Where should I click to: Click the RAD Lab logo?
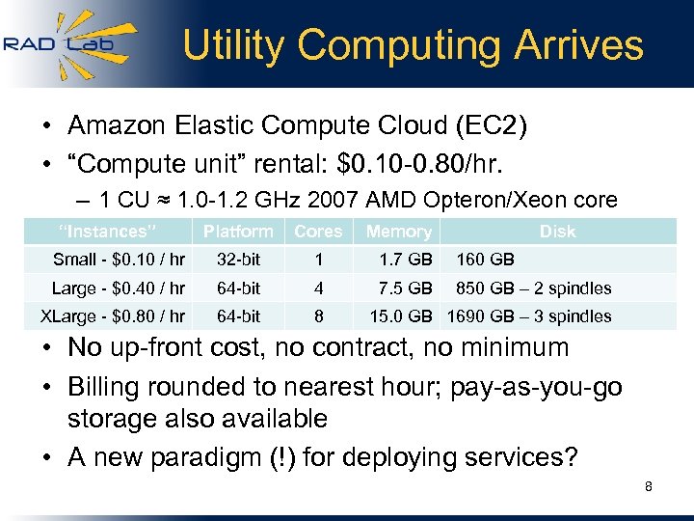click(69, 44)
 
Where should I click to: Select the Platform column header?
click(237, 232)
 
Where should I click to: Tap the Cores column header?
click(318, 232)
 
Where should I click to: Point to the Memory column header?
click(398, 232)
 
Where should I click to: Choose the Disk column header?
click(557, 232)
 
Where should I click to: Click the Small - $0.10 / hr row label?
click(119, 259)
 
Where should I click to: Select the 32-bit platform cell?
click(238, 259)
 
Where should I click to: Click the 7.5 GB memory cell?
click(406, 288)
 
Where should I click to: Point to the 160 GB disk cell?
click(485, 259)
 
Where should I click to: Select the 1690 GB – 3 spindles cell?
click(528, 316)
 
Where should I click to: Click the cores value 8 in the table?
click(319, 316)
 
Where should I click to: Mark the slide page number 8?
click(649, 487)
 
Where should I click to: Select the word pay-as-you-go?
click(542, 387)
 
